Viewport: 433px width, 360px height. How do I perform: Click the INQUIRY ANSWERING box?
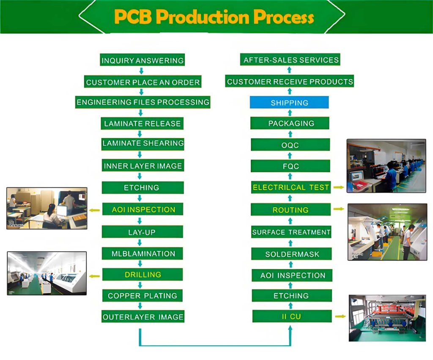pos(143,60)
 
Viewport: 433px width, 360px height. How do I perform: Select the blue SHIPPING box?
pos(289,102)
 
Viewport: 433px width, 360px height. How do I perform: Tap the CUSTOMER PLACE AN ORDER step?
pos(143,82)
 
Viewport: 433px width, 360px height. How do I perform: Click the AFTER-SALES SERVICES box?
pos(291,60)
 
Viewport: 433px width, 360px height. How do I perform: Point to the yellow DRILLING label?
pos(143,275)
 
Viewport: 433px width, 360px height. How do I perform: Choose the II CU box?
pos(292,316)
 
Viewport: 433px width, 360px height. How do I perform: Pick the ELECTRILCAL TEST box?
pos(290,187)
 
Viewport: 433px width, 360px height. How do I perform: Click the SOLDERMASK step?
pos(292,254)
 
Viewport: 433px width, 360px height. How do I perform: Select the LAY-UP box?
pos(143,232)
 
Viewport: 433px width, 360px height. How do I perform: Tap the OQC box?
pos(290,145)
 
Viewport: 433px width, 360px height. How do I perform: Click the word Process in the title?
pos(284,17)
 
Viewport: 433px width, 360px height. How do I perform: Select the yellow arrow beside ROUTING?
pos(338,209)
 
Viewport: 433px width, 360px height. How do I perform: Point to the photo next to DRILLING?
pos(47,273)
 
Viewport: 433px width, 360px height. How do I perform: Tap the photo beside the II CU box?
pos(387,318)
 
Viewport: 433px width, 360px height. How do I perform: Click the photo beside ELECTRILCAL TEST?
pos(386,166)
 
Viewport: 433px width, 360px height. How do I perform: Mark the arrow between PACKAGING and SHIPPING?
pos(290,113)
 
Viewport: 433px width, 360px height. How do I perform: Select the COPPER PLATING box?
pos(143,295)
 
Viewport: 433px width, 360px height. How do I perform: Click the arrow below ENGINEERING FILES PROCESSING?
pos(141,113)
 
